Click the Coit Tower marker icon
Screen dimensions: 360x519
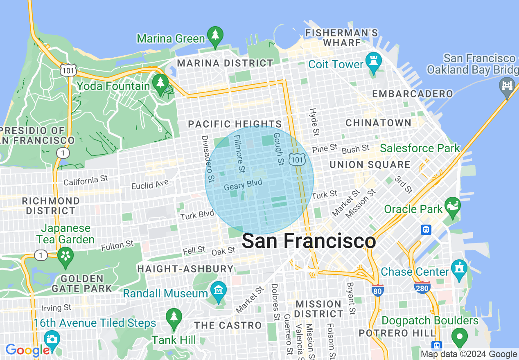[x=373, y=61]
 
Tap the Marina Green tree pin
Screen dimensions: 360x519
[x=215, y=36]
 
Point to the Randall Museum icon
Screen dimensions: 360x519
[x=218, y=290]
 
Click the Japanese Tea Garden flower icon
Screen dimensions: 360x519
[x=65, y=256]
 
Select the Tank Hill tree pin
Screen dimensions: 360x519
[x=174, y=317]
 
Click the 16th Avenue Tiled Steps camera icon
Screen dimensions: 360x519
[x=52, y=339]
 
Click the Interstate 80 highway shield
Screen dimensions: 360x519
[x=377, y=290]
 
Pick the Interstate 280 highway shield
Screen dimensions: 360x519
[x=422, y=288]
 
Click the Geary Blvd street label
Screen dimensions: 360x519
[x=243, y=185]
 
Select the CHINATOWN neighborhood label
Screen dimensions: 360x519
[x=378, y=123]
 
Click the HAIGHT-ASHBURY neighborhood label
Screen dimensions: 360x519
[x=185, y=269]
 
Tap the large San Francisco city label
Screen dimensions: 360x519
[x=309, y=241]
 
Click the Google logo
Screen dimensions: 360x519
[x=27, y=350]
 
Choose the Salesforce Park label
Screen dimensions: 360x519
[x=420, y=148]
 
